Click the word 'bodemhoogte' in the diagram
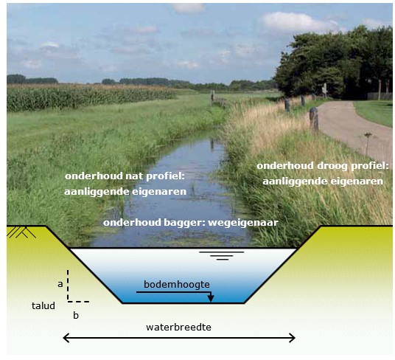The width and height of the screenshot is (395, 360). [x=177, y=284]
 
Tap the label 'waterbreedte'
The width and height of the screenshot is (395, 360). [x=178, y=328]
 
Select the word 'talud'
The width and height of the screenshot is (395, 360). [x=43, y=306]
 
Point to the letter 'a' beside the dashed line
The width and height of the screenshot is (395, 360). [x=60, y=284]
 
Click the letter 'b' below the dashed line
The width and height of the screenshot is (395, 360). [x=76, y=315]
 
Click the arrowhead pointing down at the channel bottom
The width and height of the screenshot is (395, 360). [x=211, y=298]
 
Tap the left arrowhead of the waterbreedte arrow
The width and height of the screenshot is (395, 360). [x=66, y=338]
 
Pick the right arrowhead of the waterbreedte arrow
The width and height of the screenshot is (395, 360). [x=293, y=338]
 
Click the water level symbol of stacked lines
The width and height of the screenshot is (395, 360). [x=222, y=256]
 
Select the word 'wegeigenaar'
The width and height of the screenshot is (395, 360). [x=243, y=223]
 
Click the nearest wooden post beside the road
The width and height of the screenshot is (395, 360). [x=314, y=119]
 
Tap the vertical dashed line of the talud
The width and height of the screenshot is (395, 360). [x=68, y=285]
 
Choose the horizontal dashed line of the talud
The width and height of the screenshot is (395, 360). [x=78, y=302]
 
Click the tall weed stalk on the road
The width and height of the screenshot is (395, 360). [x=368, y=145]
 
